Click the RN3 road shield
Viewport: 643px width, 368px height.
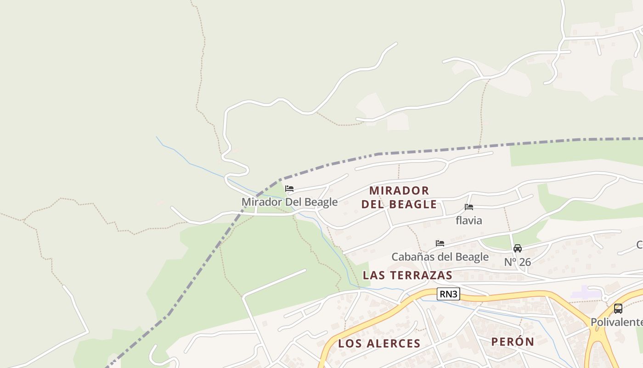tap(448, 294)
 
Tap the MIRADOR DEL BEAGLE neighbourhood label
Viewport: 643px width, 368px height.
tap(399, 197)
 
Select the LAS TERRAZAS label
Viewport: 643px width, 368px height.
tap(407, 275)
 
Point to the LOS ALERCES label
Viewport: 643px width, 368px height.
tap(379, 343)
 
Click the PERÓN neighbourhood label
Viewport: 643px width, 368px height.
tap(513, 342)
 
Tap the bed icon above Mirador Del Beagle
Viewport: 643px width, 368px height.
tap(289, 189)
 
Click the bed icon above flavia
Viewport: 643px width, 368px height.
tap(469, 207)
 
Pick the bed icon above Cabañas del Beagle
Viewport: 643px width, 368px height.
tap(440, 243)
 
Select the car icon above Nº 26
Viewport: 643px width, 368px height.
tap(518, 248)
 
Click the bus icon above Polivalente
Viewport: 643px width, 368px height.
tap(618, 309)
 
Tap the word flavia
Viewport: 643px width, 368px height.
tap(469, 220)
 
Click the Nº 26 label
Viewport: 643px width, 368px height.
tap(518, 262)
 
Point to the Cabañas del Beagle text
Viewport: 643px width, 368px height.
tap(440, 257)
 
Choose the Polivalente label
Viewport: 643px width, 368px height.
tap(616, 322)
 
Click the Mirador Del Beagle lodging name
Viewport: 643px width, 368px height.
tap(289, 202)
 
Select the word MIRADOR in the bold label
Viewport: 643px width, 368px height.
tap(399, 190)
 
